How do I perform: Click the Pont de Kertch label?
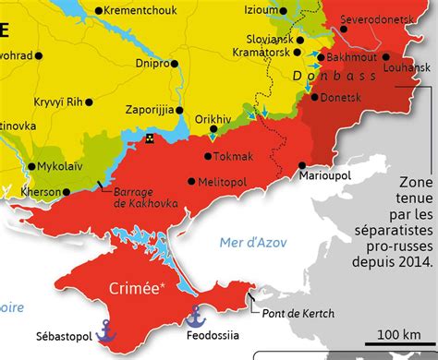tap(297, 287)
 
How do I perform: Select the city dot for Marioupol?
tap(304, 166)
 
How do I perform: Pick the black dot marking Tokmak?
tap(205, 156)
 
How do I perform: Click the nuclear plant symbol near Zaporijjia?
tap(150, 138)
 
